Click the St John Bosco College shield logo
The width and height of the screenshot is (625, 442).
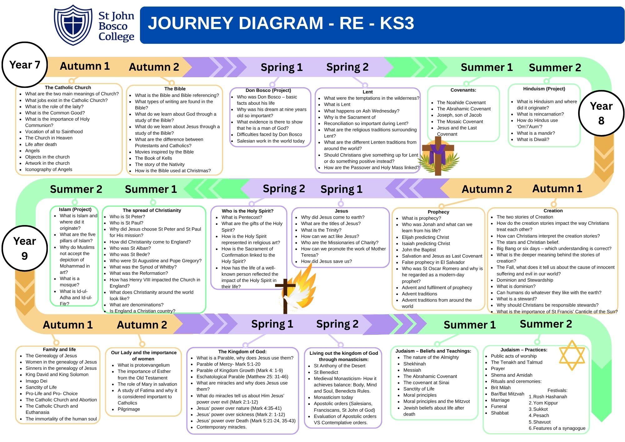click(x=73, y=25)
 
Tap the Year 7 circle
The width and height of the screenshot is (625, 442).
click(x=25, y=65)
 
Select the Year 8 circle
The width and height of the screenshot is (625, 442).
click(x=601, y=113)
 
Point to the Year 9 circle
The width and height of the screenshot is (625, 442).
click(x=25, y=248)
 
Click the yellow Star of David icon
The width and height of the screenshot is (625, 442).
click(x=572, y=355)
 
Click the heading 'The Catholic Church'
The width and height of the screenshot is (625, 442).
click(x=68, y=88)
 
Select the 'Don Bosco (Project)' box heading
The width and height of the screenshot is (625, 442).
click(x=268, y=90)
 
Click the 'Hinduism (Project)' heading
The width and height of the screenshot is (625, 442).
click(x=544, y=89)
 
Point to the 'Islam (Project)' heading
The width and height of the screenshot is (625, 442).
click(x=75, y=209)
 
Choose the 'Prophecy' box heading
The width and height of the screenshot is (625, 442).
click(x=438, y=212)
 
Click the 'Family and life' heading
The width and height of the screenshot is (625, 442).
click(x=59, y=349)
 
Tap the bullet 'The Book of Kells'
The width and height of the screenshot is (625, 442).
click(x=153, y=158)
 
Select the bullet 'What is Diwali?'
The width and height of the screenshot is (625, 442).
click(x=533, y=139)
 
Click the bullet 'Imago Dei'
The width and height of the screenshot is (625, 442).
click(x=37, y=381)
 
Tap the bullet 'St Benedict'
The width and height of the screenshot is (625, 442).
click(x=326, y=372)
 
